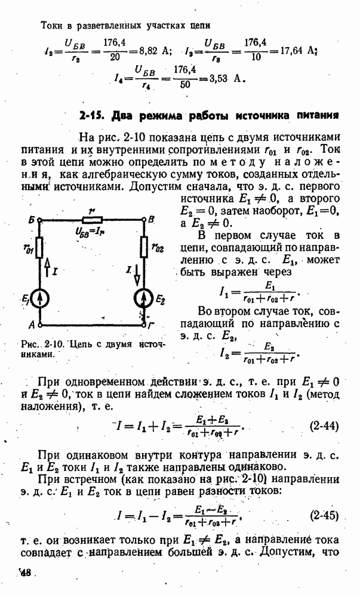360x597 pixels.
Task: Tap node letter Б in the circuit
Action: click(x=30, y=220)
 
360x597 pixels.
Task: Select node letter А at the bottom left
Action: click(x=30, y=325)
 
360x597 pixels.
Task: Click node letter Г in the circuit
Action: click(x=152, y=325)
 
